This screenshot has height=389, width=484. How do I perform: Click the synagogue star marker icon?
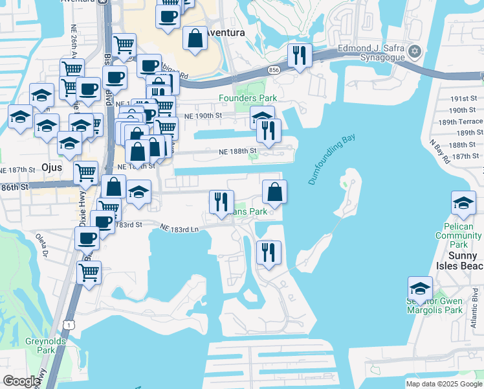tap(415, 52)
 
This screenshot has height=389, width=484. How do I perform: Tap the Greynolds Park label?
tap(40, 346)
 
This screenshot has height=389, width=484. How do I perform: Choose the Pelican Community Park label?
tap(459, 236)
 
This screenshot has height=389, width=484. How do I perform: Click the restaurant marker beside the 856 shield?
tap(298, 56)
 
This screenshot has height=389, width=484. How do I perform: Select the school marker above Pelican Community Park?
tap(463, 204)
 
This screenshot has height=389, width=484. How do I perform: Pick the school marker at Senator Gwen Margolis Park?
tap(420, 289)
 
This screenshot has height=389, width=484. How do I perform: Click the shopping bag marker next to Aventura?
tap(195, 39)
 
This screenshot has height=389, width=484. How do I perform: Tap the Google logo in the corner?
tap(22, 381)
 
